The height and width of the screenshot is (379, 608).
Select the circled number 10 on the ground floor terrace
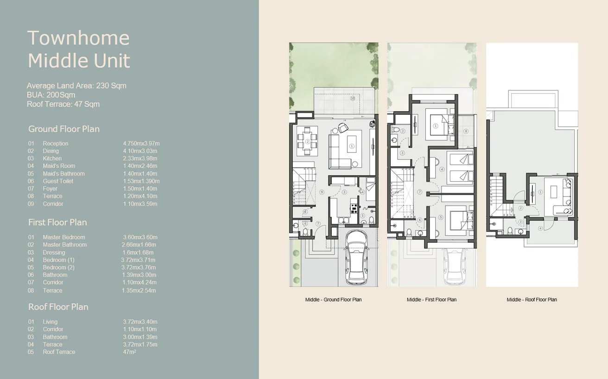[353, 98]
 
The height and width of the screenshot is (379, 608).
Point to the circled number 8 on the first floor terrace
[466, 131]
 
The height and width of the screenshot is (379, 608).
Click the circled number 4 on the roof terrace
[540, 228]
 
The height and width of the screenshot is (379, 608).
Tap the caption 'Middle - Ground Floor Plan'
[333, 300]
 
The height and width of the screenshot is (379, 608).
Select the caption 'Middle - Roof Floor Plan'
[532, 300]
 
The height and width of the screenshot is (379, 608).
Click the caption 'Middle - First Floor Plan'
[431, 300]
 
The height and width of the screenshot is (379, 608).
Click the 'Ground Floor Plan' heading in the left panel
[64, 129]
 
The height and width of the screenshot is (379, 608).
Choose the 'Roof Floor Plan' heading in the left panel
[58, 307]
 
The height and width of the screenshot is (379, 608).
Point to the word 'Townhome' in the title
[78, 38]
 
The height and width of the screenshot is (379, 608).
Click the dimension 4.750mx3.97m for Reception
[141, 144]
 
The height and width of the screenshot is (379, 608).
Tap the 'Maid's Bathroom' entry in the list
[64, 174]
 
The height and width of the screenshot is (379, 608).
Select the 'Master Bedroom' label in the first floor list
[64, 237]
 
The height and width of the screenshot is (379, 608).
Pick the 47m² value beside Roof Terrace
[130, 352]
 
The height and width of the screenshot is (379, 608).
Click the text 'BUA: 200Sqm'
[51, 95]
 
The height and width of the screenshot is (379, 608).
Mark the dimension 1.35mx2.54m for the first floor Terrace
[139, 291]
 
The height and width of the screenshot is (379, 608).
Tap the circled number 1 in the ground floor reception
[351, 146]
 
